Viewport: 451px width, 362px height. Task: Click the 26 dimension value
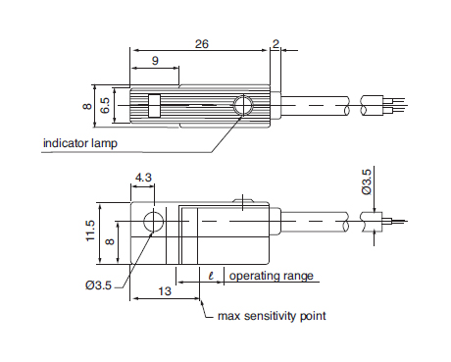click(202, 44)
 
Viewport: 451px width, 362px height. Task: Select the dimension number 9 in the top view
click(155, 61)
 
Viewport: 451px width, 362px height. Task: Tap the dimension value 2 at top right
click(276, 44)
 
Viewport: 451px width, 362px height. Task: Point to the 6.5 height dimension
click(105, 105)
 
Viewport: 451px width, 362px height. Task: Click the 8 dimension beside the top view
click(87, 106)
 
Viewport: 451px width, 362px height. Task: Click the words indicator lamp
click(80, 143)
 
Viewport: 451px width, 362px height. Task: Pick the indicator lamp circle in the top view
click(243, 105)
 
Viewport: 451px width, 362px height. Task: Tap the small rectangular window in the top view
click(154, 106)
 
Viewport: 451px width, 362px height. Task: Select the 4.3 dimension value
click(143, 178)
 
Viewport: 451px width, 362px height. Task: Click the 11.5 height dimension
click(90, 231)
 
